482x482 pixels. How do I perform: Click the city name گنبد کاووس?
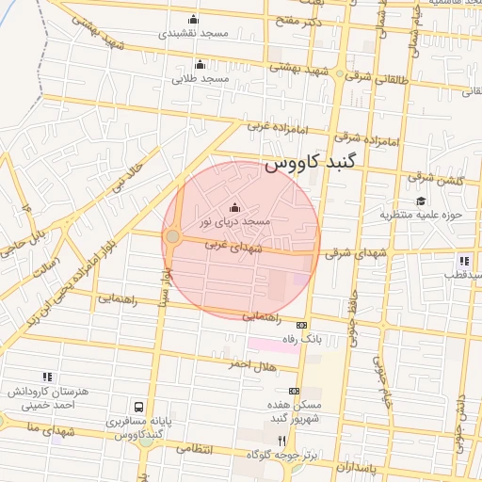(x=311, y=163)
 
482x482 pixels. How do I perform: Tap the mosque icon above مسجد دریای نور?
(x=234, y=208)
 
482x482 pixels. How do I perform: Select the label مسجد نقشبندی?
(x=194, y=32)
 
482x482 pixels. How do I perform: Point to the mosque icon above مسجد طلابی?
(x=200, y=65)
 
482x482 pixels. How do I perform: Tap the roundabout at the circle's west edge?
(x=172, y=236)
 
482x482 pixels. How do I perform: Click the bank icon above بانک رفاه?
(x=301, y=324)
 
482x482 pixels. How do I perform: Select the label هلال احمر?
(x=228, y=363)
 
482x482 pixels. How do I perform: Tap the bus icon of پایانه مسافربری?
(x=139, y=408)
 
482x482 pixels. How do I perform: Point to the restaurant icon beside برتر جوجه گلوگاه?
(x=281, y=441)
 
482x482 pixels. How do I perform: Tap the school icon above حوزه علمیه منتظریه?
(x=420, y=201)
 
